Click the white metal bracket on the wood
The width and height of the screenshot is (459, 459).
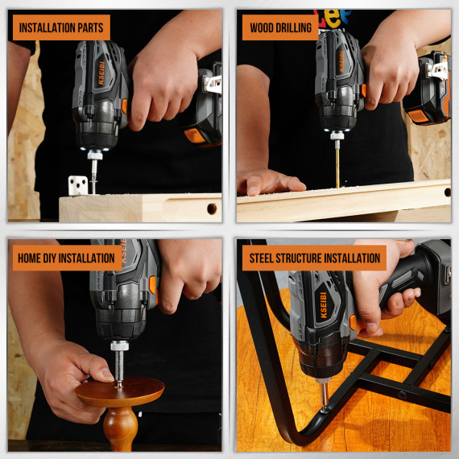pyautogui.click(x=77, y=185)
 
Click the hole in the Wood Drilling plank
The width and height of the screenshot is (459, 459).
pyautogui.click(x=445, y=192)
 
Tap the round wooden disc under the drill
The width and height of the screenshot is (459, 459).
pyautogui.click(x=120, y=392)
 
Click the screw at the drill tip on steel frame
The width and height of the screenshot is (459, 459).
pyautogui.click(x=324, y=398)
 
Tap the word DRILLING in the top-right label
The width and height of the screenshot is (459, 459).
pyautogui.click(x=293, y=27)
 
